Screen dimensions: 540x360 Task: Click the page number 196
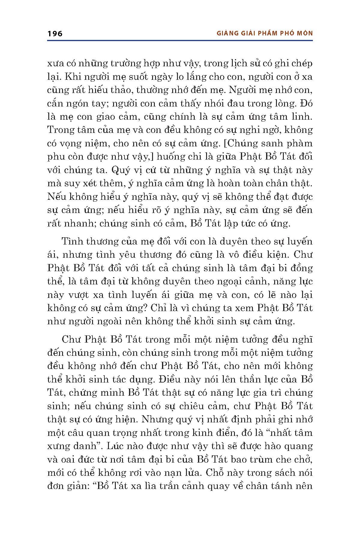coord(55,34)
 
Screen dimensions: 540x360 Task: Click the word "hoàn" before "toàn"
coord(249,183)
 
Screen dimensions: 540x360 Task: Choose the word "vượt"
coord(80,295)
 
